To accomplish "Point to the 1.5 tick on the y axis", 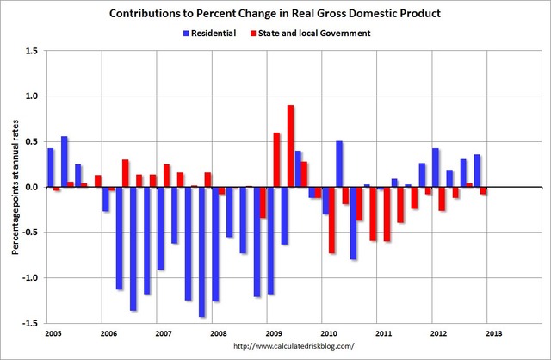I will (30, 51).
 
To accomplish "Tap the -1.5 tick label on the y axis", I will (28, 323).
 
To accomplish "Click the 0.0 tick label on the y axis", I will (30, 187).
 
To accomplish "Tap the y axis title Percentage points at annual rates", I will (14, 187).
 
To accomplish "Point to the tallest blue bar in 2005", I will (65, 161).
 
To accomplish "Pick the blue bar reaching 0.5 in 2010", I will (339, 164).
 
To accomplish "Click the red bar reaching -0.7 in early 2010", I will (331, 220).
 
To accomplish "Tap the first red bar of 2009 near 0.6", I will (276, 159).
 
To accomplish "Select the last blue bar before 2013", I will (477, 171).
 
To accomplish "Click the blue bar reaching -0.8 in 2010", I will (353, 223).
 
